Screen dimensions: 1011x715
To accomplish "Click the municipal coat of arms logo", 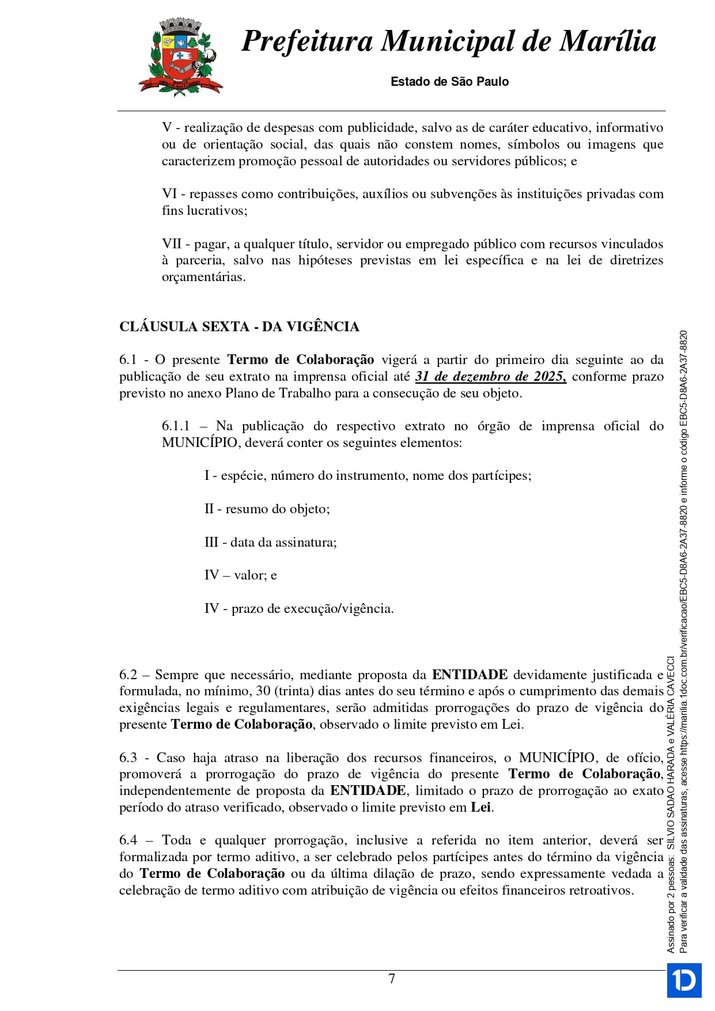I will (180, 56).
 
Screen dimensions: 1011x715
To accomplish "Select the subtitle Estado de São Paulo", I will (449, 82).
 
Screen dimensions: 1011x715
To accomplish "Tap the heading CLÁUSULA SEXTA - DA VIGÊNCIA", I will (239, 327).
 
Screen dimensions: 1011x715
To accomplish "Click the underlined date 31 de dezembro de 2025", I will (490, 377).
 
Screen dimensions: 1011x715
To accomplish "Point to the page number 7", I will (392, 979).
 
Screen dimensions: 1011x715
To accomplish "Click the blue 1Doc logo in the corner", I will (684, 980).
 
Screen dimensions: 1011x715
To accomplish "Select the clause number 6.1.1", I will (175, 426).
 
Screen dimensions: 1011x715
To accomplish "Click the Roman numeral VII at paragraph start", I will (171, 244).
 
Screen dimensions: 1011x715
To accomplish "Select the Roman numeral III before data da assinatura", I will (211, 542).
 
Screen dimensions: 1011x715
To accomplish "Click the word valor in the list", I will (249, 575).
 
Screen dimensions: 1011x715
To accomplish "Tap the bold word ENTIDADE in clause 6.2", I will (470, 675).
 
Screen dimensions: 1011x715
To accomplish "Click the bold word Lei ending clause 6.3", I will (481, 808).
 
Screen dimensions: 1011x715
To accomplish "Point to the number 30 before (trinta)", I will (263, 691).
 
